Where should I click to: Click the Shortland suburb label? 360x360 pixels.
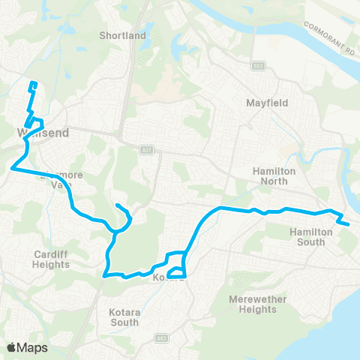coord(122,35)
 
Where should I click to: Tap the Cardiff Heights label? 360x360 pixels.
coord(50,259)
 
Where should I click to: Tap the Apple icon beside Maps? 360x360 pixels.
coord(12,346)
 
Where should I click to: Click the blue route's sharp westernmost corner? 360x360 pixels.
coord(11,169)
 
